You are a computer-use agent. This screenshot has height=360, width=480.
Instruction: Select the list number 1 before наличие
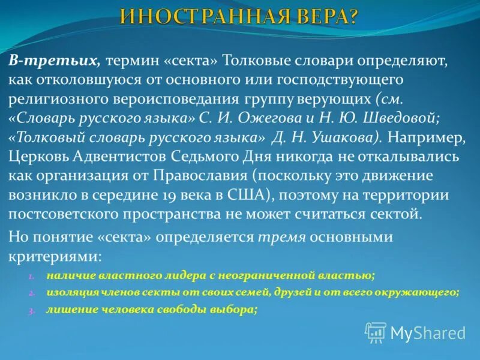32,276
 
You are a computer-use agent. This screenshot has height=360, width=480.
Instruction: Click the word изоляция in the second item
68,293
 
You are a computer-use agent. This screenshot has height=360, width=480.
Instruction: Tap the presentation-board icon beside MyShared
376,332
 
